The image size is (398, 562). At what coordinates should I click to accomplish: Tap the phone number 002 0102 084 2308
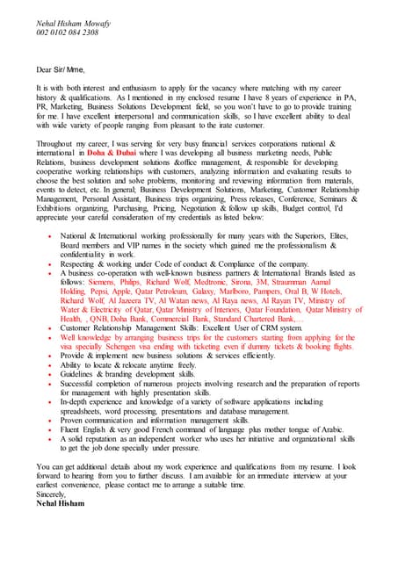67,32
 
